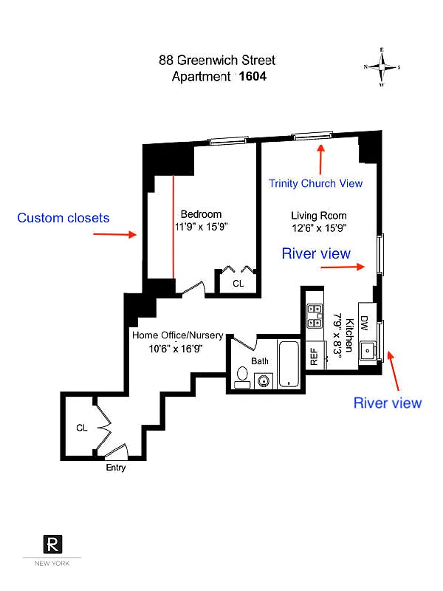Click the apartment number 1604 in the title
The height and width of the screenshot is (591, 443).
coord(253,76)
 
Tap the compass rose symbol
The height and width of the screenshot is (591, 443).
coord(382,67)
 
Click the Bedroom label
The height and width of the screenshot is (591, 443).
coord(201,214)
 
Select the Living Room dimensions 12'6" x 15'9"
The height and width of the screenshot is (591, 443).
coord(319,228)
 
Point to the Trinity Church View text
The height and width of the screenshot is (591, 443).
coord(316,183)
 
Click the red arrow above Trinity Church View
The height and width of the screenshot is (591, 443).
coord(320,160)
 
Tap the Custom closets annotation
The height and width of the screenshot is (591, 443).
coord(63,218)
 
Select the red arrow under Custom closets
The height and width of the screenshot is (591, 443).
coord(115,234)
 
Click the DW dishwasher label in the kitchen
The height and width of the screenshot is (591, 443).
coord(364,323)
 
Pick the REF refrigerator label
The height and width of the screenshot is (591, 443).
coord(314,357)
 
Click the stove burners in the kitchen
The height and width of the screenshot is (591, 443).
coord(315,316)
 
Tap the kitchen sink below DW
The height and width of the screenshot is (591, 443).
coord(368,350)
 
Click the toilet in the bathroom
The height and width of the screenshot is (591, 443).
coord(242,378)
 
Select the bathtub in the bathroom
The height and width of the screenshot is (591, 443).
coord(289,364)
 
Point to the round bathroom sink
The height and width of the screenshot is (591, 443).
coord(264,380)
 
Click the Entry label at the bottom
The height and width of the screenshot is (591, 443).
coord(116,468)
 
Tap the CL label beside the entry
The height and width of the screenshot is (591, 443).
coord(82,428)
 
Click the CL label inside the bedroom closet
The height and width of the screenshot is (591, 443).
coord(238,284)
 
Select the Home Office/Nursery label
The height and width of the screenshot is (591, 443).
coord(177,335)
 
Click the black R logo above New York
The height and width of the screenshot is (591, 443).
coord(52,544)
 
